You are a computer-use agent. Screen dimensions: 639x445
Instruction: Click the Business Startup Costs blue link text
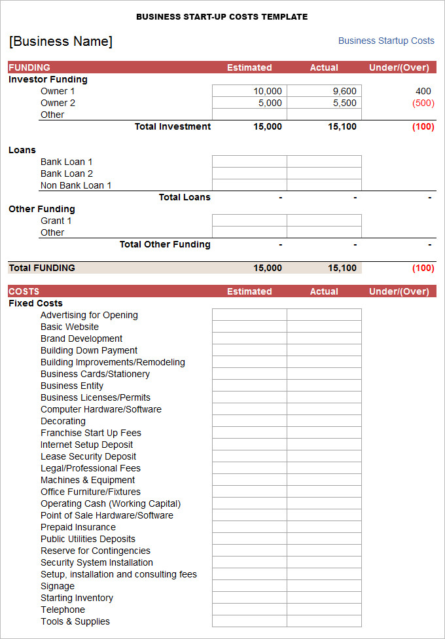coord(386,41)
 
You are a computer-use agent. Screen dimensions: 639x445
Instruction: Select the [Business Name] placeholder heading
coord(61,42)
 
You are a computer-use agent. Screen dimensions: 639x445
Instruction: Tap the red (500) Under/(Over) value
coord(423,103)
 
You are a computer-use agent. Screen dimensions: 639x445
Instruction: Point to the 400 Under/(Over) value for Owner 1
coord(423,91)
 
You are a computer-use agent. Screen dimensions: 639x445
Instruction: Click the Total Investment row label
coord(173,126)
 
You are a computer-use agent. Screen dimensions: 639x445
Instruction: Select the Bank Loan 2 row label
coord(67,173)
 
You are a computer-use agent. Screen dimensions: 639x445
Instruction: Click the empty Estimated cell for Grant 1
coord(249,221)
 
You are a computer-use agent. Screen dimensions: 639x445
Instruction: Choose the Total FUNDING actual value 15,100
coord(342,268)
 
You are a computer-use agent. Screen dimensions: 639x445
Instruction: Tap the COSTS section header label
coord(24,291)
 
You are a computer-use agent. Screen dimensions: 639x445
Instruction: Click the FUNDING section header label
coord(29,67)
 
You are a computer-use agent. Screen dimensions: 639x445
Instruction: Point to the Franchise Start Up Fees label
coord(91,433)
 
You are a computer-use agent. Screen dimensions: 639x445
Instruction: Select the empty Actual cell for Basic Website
coord(324,327)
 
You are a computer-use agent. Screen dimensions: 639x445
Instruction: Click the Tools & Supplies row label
coord(75,621)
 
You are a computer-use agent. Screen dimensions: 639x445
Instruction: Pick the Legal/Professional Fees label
coord(90,468)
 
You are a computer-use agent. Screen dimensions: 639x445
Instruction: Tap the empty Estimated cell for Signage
coord(249,586)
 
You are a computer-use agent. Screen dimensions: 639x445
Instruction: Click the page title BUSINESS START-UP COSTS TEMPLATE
coord(222,17)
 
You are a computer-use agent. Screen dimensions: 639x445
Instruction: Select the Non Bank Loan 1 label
coord(76,185)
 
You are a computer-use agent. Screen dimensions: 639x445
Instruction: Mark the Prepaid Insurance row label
coord(78,527)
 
